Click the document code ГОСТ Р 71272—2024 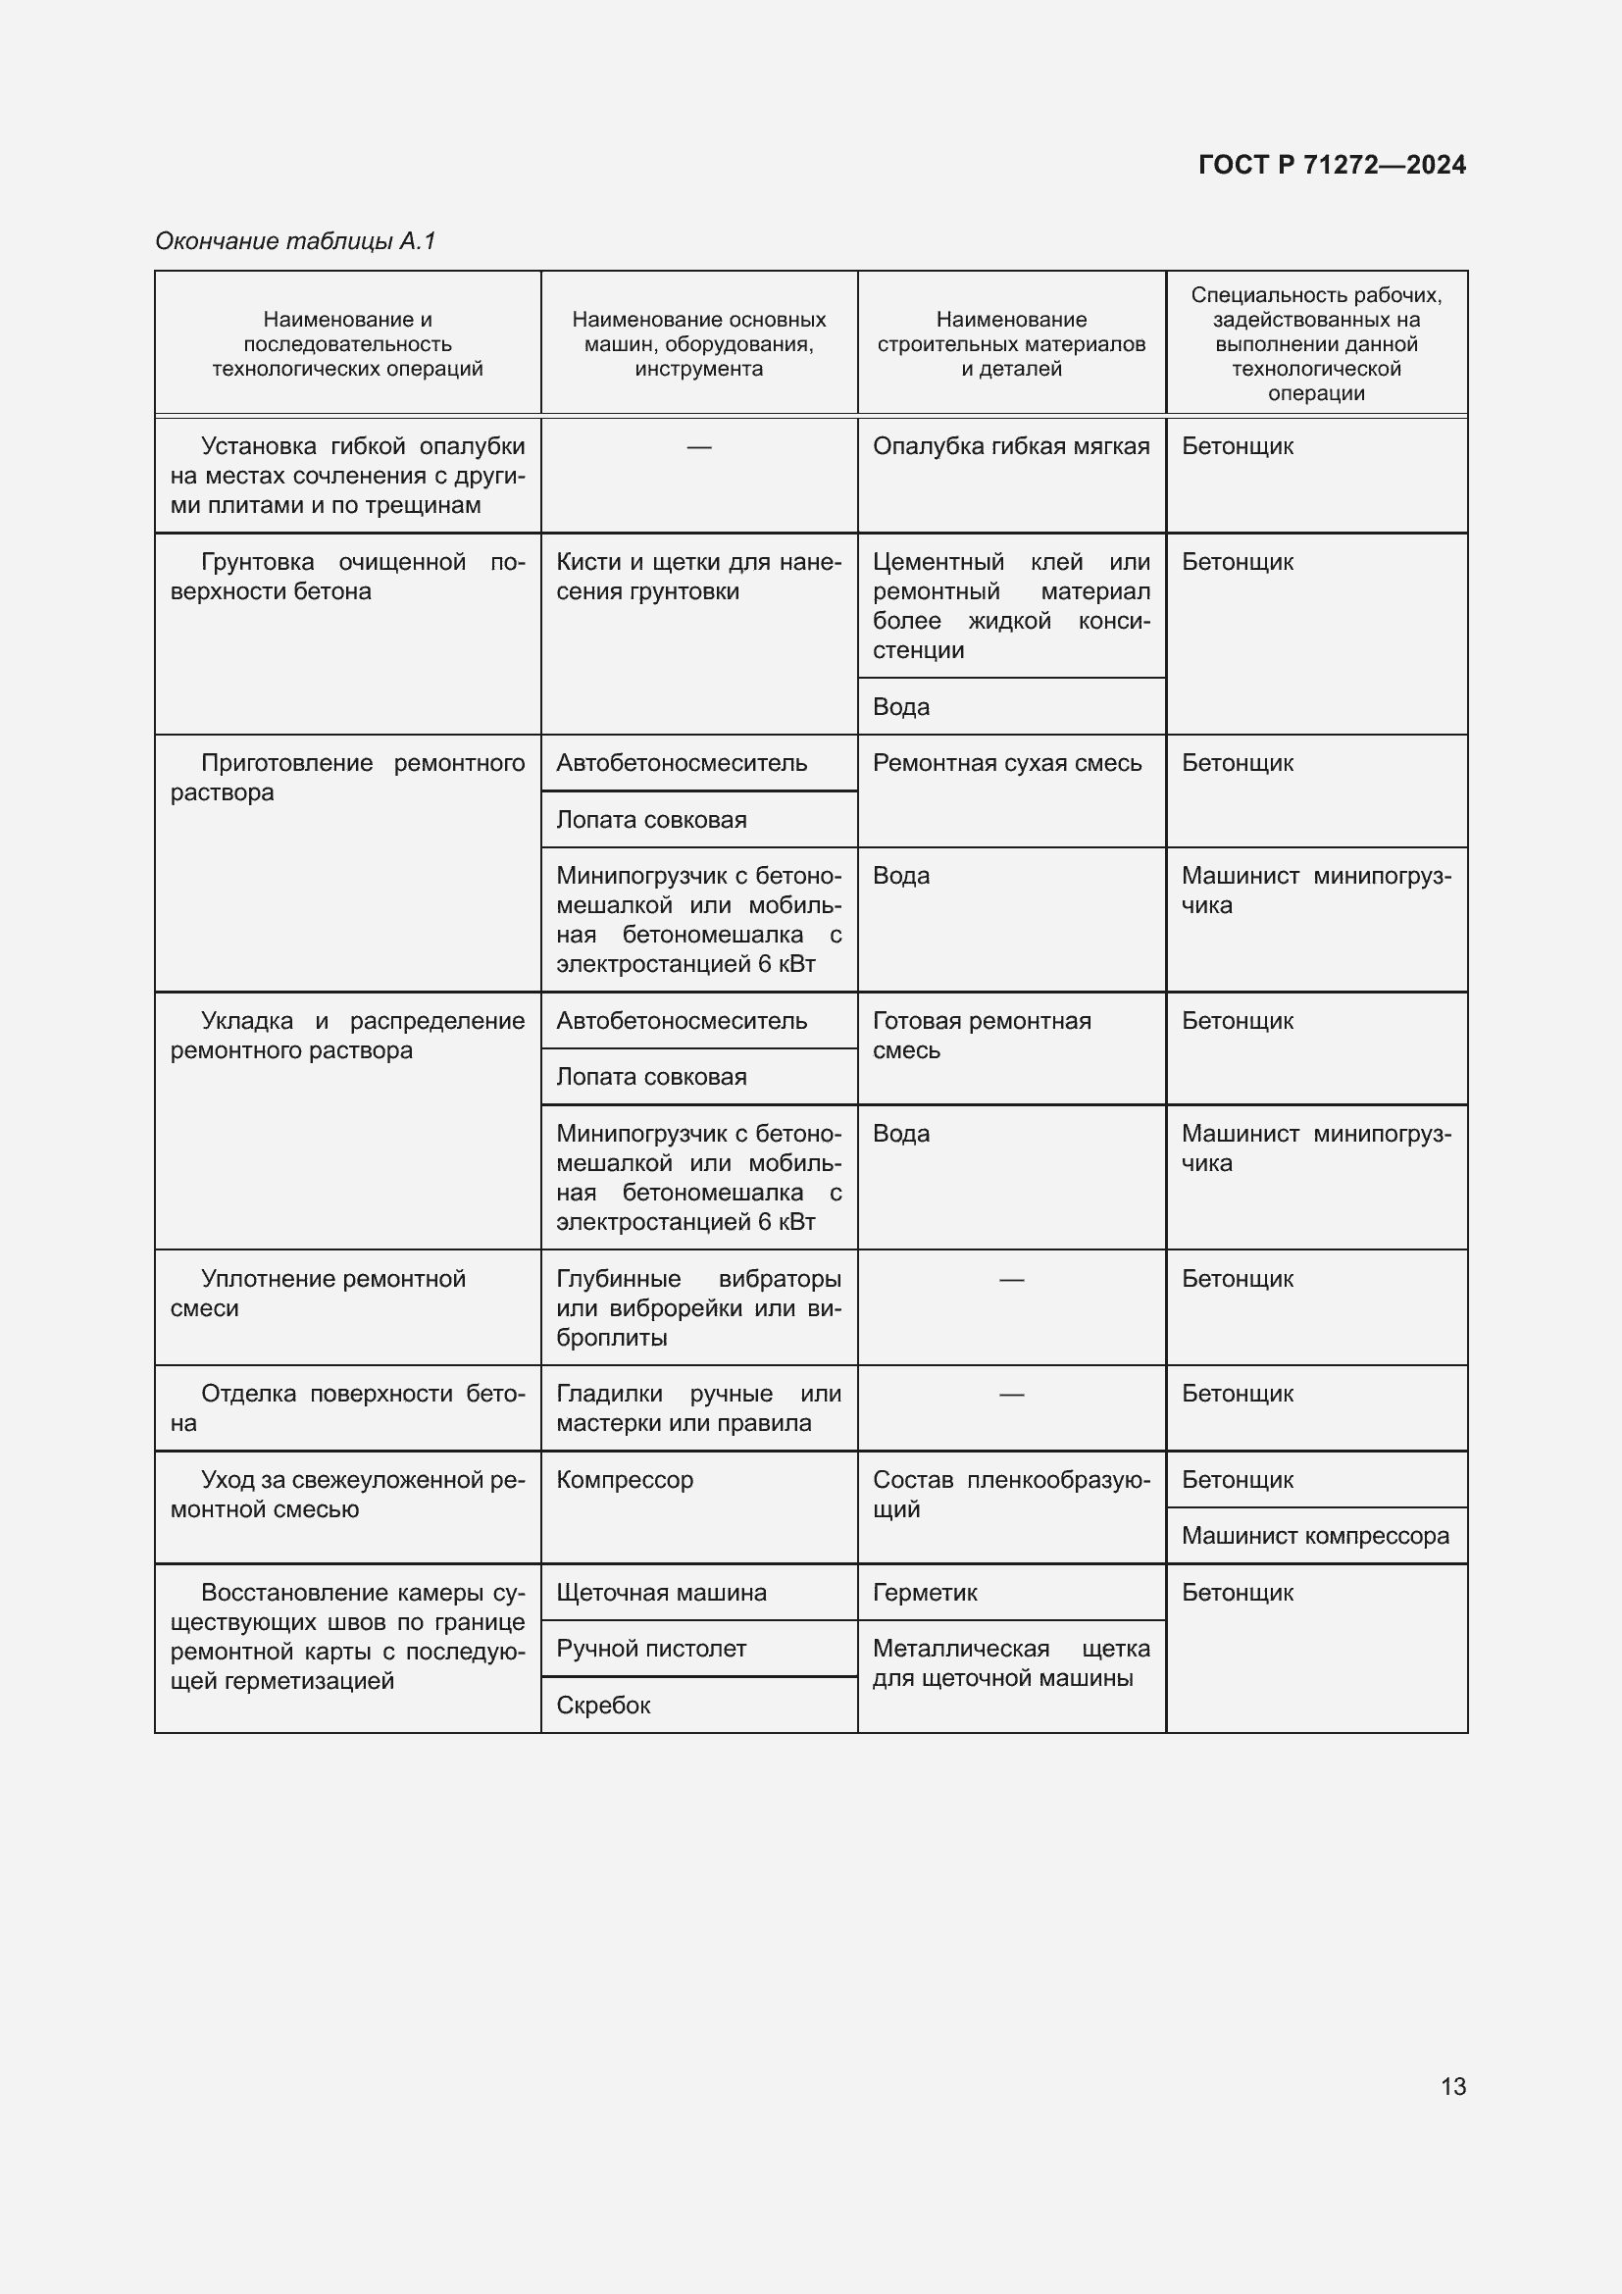click(1332, 165)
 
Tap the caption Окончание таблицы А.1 click(295, 241)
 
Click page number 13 click(1453, 2086)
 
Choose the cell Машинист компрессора click(1315, 1536)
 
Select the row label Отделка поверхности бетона click(346, 1407)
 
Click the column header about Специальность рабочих click(1315, 343)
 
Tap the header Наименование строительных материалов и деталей click(1011, 343)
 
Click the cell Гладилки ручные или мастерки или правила click(698, 1407)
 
